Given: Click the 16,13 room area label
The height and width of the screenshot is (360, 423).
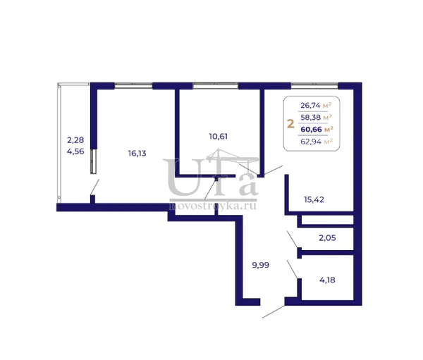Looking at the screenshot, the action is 137,154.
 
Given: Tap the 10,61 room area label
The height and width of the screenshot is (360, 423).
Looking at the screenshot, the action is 219,137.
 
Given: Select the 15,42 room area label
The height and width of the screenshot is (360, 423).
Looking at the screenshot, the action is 314,200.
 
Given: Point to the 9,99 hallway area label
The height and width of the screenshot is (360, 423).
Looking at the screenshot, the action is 261,266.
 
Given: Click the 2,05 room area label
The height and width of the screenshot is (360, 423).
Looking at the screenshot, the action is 327,238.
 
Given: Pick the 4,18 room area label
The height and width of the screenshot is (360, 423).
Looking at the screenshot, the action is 327,280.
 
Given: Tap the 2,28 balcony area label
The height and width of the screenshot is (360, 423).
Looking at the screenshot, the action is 75,140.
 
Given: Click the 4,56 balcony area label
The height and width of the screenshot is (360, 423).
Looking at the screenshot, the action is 75,151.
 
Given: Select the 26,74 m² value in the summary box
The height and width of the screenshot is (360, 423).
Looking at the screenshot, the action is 316,105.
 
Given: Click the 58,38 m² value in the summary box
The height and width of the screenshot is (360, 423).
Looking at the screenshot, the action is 316,118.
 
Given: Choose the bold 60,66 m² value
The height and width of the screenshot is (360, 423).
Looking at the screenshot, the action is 317,130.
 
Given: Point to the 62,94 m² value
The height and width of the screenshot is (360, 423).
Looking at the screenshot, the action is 317,142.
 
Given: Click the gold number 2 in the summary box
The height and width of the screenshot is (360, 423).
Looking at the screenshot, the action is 290,124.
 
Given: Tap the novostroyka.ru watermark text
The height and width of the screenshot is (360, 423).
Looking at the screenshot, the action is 213,206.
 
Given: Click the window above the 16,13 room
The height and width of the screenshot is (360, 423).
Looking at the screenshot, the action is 133,86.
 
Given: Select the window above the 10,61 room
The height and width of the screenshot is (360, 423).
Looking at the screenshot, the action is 216,86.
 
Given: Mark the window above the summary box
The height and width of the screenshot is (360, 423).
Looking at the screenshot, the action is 314,86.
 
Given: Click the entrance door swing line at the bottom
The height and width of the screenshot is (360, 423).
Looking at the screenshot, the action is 274,311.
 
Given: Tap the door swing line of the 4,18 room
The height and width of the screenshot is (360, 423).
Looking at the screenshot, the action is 293,269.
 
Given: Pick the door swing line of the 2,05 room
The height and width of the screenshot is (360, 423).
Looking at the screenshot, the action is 293,240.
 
